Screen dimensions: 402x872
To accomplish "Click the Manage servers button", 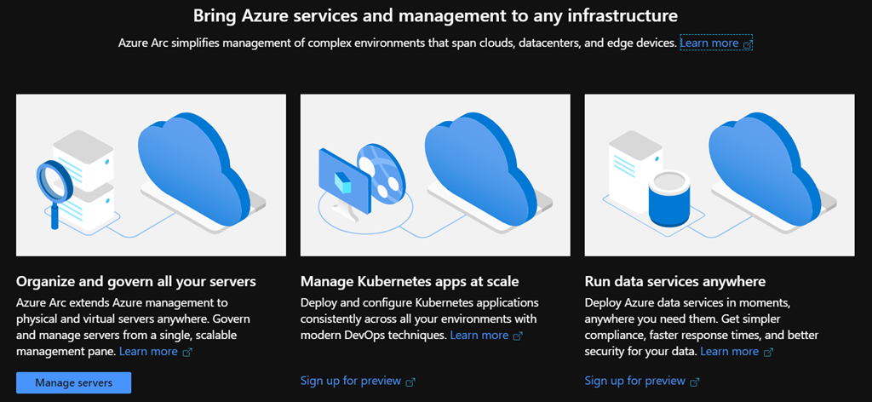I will click(x=73, y=382).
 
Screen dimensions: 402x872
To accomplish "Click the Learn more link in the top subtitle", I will click(x=709, y=43).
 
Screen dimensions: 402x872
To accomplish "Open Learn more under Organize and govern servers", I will click(x=148, y=351).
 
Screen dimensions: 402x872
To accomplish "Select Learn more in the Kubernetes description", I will click(x=479, y=335).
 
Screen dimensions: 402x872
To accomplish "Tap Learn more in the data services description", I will click(x=729, y=351).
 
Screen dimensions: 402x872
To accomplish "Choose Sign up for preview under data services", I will click(x=635, y=381).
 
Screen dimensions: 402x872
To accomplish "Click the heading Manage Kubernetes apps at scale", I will click(x=410, y=281).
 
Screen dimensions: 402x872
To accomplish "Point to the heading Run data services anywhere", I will click(x=674, y=281).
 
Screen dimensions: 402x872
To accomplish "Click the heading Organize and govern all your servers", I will click(x=136, y=281).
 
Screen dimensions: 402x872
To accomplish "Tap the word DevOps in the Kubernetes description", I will click(x=370, y=335).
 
